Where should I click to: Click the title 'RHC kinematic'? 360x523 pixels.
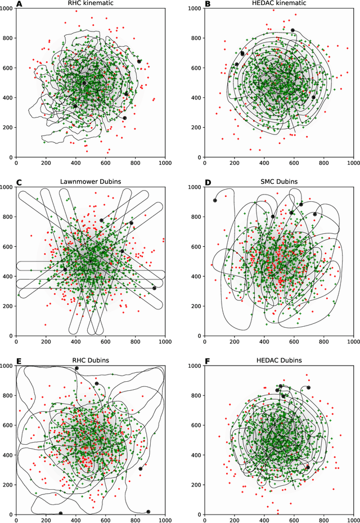(x=90, y=4)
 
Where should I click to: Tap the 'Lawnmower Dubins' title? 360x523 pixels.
(x=90, y=183)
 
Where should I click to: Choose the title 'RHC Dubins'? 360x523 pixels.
(x=90, y=360)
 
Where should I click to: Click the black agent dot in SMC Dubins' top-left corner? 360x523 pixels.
(x=215, y=201)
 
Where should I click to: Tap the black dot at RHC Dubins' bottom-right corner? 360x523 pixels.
(x=148, y=512)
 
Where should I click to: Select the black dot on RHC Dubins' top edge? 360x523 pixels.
(x=77, y=368)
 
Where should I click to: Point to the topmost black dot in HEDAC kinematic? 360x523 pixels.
(x=292, y=30)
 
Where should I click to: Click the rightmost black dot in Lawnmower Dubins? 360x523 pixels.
(x=154, y=288)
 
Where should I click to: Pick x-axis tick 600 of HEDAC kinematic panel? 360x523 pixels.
(x=293, y=164)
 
